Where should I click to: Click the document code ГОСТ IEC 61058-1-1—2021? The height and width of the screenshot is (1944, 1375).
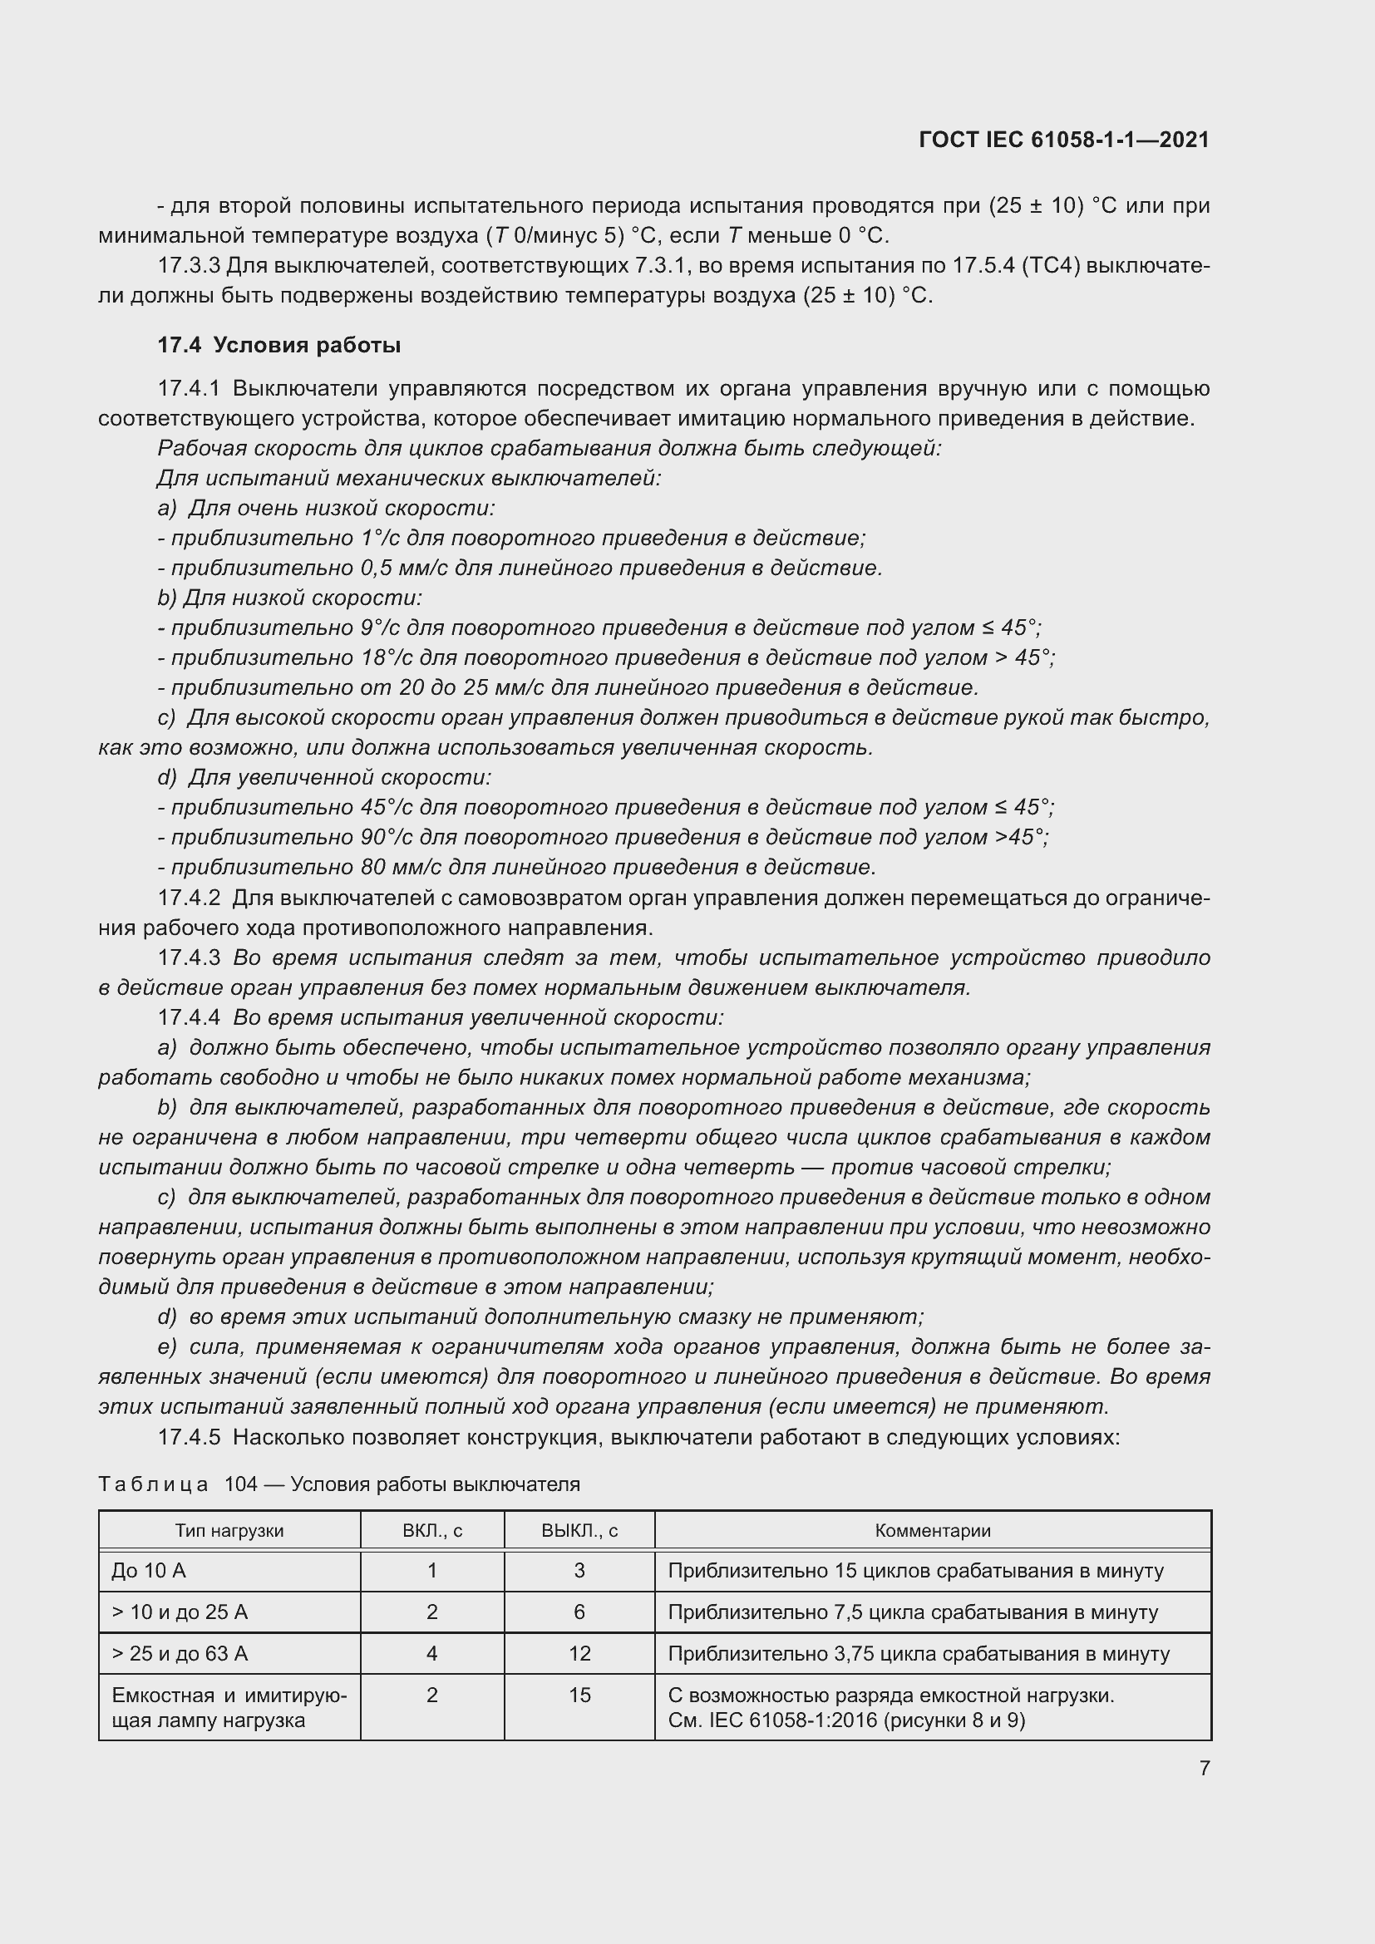click(1063, 140)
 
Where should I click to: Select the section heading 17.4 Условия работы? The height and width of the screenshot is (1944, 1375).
click(278, 345)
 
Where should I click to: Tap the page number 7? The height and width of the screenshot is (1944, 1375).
click(1204, 1768)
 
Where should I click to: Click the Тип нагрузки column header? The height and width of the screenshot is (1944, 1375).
click(229, 1530)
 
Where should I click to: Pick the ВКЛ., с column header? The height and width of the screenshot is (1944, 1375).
click(431, 1530)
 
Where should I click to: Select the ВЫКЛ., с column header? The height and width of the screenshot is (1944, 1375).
click(579, 1530)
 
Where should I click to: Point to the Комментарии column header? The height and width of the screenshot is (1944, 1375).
click(932, 1530)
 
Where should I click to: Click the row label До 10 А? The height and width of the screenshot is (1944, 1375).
click(149, 1571)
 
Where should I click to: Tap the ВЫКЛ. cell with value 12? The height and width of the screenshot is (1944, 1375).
click(579, 1654)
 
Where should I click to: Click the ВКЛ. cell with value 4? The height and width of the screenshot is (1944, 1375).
click(431, 1654)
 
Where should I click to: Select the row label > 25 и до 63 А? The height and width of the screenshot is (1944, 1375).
click(180, 1654)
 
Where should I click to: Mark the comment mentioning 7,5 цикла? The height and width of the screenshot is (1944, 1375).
click(913, 1612)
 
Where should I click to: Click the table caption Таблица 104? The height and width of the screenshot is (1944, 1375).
click(338, 1484)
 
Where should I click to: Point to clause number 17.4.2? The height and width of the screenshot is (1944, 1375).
click(189, 898)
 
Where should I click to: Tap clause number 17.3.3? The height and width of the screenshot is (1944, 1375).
click(189, 266)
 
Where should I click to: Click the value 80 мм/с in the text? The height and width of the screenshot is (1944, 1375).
click(403, 867)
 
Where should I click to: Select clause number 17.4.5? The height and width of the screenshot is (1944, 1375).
click(189, 1437)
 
